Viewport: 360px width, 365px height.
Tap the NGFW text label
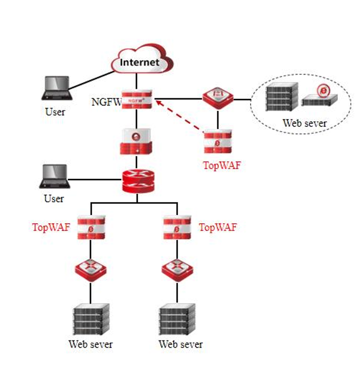pyautogui.click(x=106, y=101)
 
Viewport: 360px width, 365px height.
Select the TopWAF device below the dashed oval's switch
pyautogui.click(x=218, y=142)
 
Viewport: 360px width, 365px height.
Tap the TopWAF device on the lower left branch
pyautogui.click(x=91, y=227)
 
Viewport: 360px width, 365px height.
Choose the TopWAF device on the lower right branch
pyautogui.click(x=177, y=227)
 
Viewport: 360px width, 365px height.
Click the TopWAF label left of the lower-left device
pyautogui.click(x=51, y=227)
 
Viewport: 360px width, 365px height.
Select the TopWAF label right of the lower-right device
pyautogui.click(x=217, y=227)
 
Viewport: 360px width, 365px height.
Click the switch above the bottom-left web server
pyautogui.click(x=91, y=269)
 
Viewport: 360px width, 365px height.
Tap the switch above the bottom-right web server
pyautogui.click(x=177, y=269)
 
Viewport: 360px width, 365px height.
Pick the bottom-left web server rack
pyautogui.click(x=91, y=318)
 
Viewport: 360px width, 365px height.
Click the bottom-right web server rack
pyautogui.click(x=177, y=318)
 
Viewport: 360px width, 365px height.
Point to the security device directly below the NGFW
pyautogui.click(x=137, y=141)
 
